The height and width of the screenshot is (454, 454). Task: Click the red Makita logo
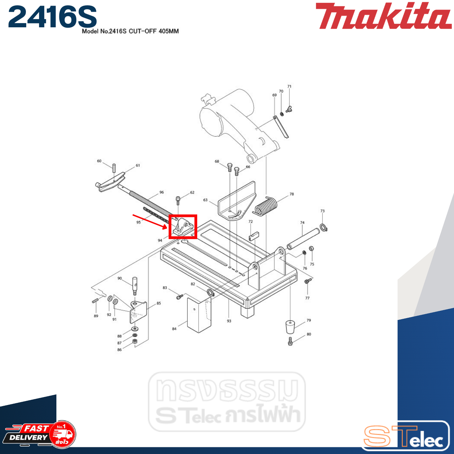pyautogui.click(x=383, y=16)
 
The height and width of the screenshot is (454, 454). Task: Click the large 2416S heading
pyautogui.click(x=52, y=17)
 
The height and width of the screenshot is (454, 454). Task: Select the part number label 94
pyautogui.click(x=160, y=240)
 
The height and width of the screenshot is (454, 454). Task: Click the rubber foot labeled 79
pyautogui.click(x=290, y=327)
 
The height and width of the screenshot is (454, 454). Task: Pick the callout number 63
pyautogui.click(x=205, y=200)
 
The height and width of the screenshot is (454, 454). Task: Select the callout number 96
pyautogui.click(x=162, y=192)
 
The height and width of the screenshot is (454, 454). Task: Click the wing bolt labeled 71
pyautogui.click(x=288, y=109)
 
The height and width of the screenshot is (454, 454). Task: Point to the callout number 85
pyautogui.click(x=159, y=303)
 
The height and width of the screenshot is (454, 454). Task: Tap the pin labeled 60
pyautogui.click(x=114, y=167)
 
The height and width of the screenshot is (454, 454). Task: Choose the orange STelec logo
pyautogui.click(x=404, y=436)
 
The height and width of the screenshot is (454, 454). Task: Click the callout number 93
pyautogui.click(x=229, y=321)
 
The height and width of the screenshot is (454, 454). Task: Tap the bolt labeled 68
pyautogui.click(x=229, y=167)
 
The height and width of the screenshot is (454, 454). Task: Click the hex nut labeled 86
pyautogui.click(x=135, y=341)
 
